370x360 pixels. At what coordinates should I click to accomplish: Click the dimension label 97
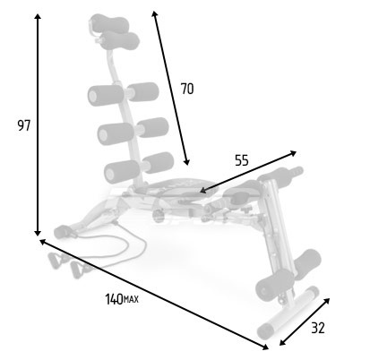pyautogui.click(x=24, y=125)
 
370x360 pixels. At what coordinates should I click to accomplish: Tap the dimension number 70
pyautogui.click(x=187, y=89)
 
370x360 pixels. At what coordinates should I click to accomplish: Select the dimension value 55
pyautogui.click(x=242, y=160)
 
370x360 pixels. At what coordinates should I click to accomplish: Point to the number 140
pyautogui.click(x=114, y=299)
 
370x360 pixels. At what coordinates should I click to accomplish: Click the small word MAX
pyautogui.click(x=131, y=299)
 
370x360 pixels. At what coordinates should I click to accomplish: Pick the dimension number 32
pyautogui.click(x=318, y=328)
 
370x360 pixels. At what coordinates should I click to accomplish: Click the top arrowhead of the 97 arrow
pyautogui.click(x=38, y=16)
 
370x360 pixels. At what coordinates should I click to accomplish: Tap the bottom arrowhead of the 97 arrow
pyautogui.click(x=38, y=233)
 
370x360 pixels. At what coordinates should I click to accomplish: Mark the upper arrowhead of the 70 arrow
pyautogui.click(x=154, y=14)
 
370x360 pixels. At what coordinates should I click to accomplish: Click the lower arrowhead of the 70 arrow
pyautogui.click(x=186, y=162)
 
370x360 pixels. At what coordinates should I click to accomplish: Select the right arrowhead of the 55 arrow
pyautogui.click(x=293, y=153)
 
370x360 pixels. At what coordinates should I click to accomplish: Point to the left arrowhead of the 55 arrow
pyautogui.click(x=203, y=190)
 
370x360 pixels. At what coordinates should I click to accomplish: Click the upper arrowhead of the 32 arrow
pyautogui.click(x=327, y=301)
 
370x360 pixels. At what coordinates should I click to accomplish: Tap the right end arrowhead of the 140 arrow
pyautogui.click(x=265, y=347)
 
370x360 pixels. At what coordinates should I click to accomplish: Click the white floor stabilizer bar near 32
pyautogui.click(x=288, y=313)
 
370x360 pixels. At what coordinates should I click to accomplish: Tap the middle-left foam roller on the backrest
pyautogui.click(x=116, y=133)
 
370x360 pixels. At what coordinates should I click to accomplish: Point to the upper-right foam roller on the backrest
pyautogui.click(x=143, y=91)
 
